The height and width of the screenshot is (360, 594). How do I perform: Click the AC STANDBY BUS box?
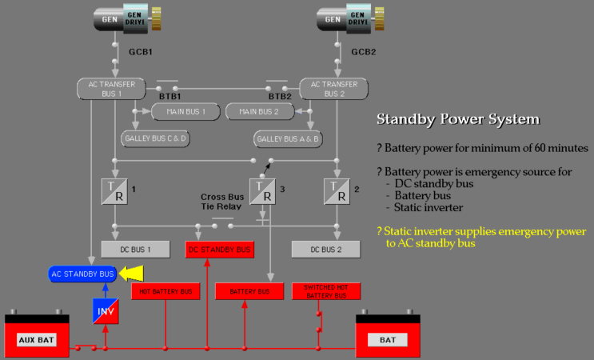(82, 274)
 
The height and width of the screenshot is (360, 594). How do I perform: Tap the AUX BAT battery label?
(36, 340)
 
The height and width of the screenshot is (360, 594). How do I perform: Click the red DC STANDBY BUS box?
(220, 250)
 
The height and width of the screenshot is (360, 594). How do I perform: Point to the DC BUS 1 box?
(135, 250)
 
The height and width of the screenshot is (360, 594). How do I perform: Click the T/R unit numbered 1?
(115, 191)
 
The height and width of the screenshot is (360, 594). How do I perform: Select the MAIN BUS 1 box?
(185, 111)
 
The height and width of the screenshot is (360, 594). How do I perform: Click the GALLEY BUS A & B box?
(288, 138)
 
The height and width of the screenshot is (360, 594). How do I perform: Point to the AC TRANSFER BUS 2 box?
(333, 89)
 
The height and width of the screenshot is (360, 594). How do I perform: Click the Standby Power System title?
(457, 120)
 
